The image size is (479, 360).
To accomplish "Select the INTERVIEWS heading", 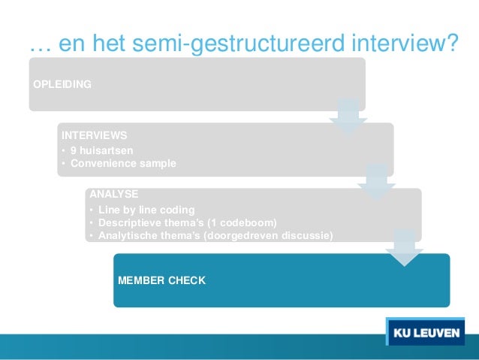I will (94, 135).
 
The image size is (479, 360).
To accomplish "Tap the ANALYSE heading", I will (113, 194).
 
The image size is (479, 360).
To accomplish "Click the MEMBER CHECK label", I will (161, 280).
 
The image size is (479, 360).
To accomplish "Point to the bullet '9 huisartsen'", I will (101, 150).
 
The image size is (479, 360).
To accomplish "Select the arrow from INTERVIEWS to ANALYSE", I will (376, 181).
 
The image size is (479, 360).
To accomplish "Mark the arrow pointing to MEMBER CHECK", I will (404, 247).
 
